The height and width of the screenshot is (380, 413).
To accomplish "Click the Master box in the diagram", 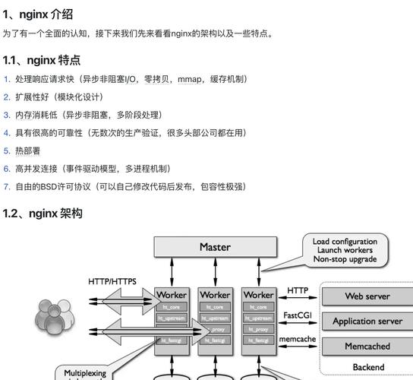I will click(x=215, y=247).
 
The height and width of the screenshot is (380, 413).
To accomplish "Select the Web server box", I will click(x=367, y=296).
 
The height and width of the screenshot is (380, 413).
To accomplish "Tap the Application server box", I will click(x=367, y=321).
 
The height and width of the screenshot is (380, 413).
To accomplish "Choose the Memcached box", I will click(x=367, y=346).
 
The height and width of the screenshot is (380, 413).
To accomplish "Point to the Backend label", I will click(x=367, y=367).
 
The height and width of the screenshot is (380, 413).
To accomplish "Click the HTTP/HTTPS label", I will click(x=112, y=281).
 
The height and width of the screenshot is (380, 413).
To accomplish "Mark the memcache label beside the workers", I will click(x=298, y=339).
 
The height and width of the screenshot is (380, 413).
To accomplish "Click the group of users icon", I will click(x=53, y=317).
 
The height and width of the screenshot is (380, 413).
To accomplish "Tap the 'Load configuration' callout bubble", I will click(x=345, y=250).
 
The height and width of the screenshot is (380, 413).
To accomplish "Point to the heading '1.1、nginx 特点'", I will click(x=42, y=60).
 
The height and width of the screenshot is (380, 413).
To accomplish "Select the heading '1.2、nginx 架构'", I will click(x=43, y=214).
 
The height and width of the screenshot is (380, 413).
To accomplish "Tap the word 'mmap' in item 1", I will click(x=190, y=79).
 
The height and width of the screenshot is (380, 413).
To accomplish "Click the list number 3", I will click(x=7, y=115).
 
